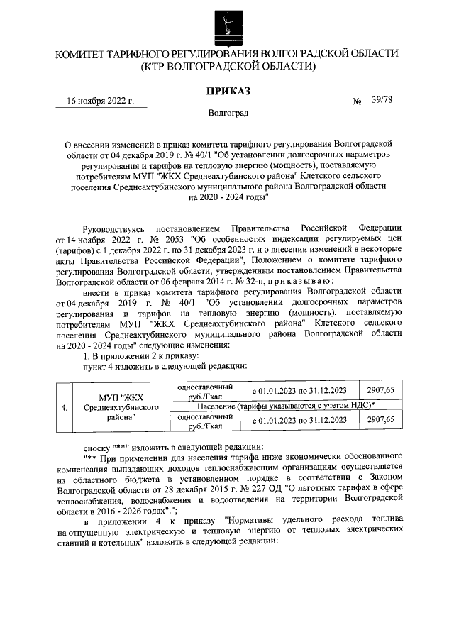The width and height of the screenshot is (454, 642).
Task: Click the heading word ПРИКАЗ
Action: pyautogui.click(x=228, y=91)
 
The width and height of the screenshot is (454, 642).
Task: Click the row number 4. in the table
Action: pyautogui.click(x=65, y=408)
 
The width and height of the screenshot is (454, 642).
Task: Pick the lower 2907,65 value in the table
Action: pyautogui.click(x=380, y=420)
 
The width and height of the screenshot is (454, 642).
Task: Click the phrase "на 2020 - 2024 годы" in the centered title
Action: pyautogui.click(x=227, y=198)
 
